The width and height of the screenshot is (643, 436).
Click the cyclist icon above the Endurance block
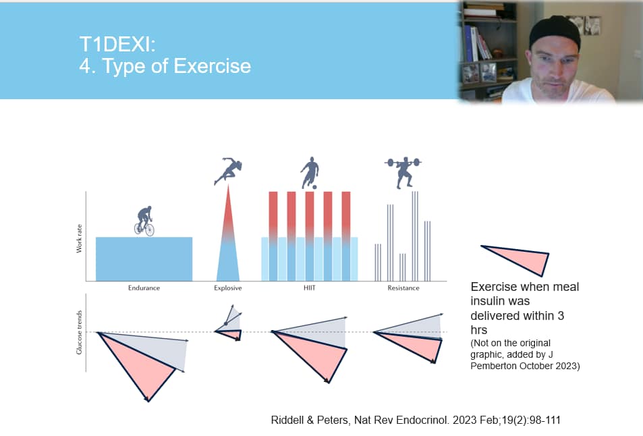pyautogui.click(x=144, y=221)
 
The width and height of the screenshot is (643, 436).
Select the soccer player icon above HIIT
pyautogui.click(x=309, y=172)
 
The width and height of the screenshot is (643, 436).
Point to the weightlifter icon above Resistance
pyautogui.click(x=403, y=171)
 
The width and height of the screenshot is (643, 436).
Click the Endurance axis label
pyautogui.click(x=144, y=288)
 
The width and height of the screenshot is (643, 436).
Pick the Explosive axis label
pyautogui.click(x=227, y=288)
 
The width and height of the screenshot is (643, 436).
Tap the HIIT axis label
pyautogui.click(x=309, y=288)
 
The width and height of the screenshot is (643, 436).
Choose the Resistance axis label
pyautogui.click(x=403, y=288)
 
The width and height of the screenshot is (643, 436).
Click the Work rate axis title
pyautogui.click(x=80, y=240)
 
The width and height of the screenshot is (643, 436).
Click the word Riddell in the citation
pyautogui.click(x=290, y=420)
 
